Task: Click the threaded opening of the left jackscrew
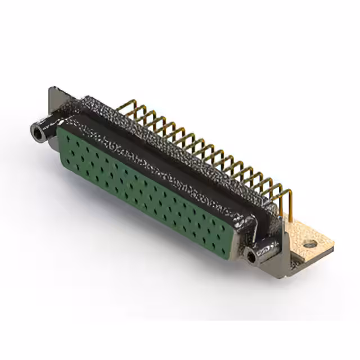(x=37, y=133)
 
